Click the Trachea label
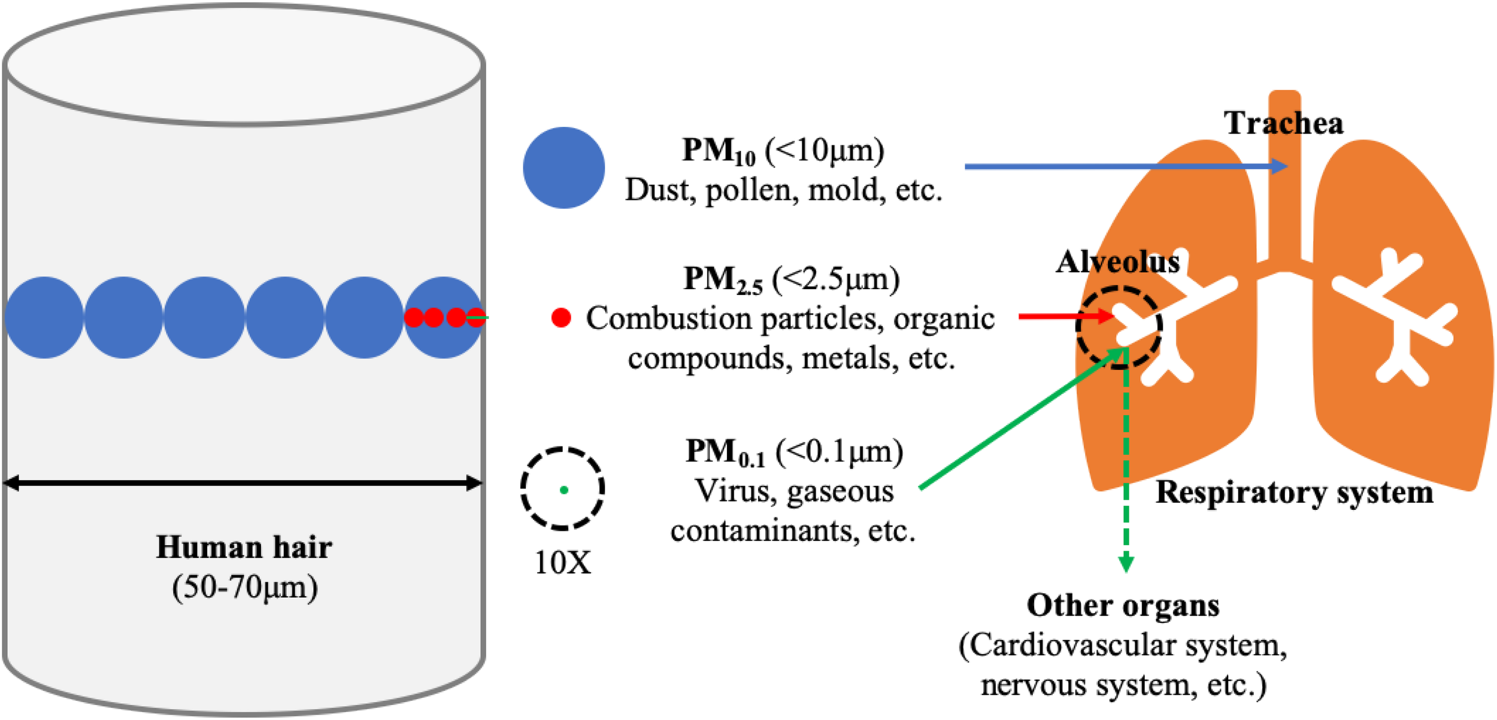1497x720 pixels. tap(1283, 123)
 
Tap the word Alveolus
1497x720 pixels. tap(1117, 262)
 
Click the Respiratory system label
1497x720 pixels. tap(1294, 493)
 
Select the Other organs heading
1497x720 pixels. tap(1123, 606)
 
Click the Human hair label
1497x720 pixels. tap(244, 548)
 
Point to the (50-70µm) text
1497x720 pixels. tap(244, 587)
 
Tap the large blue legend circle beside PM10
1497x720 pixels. tap(563, 168)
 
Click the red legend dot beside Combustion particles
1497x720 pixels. tap(560, 318)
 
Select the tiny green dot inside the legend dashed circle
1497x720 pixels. tap(563, 490)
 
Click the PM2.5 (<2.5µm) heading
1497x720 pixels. tap(791, 279)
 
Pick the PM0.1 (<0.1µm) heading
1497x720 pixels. tap(794, 452)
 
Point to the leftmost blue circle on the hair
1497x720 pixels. tap(44, 318)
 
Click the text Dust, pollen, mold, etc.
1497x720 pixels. tap(783, 191)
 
